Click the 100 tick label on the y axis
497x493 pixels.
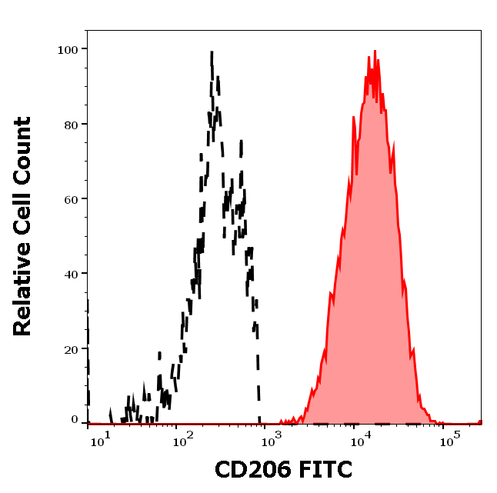click(68, 49)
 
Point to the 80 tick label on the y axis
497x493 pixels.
click(71, 124)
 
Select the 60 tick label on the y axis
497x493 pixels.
click(71, 199)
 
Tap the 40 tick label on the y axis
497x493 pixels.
click(71, 274)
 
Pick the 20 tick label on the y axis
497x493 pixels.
click(71, 349)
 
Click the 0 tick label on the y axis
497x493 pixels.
click(75, 420)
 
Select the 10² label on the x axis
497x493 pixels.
click(183, 441)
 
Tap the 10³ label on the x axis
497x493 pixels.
click(272, 441)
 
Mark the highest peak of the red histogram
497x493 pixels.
click(375, 52)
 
